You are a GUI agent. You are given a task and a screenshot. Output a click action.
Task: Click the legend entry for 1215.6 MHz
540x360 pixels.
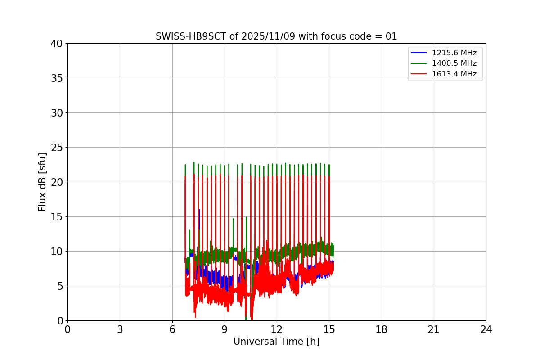pos(454,53)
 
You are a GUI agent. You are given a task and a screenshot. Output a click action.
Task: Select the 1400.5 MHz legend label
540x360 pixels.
pos(454,63)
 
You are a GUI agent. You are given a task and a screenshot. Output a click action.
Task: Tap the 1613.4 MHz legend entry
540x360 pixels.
pos(454,74)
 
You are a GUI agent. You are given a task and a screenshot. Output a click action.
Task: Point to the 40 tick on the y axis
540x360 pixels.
pos(57,44)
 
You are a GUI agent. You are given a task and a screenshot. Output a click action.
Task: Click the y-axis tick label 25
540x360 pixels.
pos(57,148)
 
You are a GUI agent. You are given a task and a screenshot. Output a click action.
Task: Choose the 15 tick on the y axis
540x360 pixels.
pos(57,217)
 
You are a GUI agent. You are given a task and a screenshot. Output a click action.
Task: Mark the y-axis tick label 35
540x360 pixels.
pos(57,78)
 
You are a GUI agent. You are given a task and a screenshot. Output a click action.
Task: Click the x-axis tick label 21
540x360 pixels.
pos(434,330)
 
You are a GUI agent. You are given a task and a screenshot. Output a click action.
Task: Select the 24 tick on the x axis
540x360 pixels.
pos(486,330)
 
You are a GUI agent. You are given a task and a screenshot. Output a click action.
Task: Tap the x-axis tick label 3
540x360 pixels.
pos(120,330)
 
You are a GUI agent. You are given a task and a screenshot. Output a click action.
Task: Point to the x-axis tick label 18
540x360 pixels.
pos(382,330)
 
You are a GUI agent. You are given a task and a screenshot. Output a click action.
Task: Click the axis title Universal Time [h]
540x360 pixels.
pos(276,342)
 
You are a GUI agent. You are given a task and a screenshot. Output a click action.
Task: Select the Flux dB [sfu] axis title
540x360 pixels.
pos(43,182)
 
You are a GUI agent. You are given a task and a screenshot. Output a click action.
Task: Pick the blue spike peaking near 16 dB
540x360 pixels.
pos(199,211)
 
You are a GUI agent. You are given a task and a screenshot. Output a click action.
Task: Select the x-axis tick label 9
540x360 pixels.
pos(225,330)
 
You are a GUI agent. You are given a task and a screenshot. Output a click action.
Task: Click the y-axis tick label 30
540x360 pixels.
pos(57,113)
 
